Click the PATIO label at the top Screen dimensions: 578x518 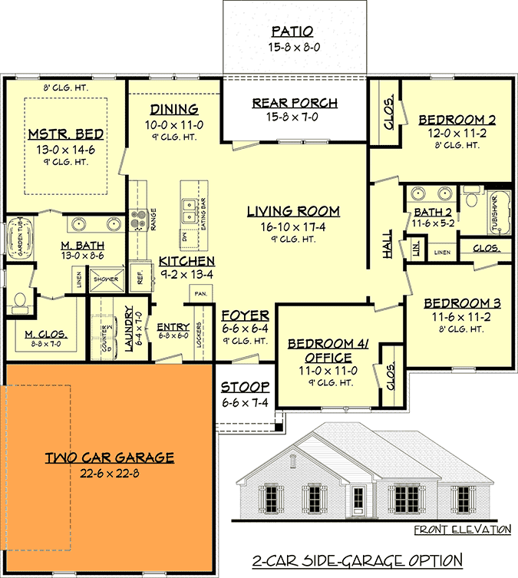click(x=293, y=31)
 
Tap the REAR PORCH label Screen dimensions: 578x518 click(x=295, y=104)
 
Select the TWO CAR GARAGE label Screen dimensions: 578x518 click(x=108, y=457)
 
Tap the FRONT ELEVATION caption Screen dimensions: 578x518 click(x=462, y=530)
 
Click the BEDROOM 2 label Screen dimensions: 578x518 click(x=456, y=120)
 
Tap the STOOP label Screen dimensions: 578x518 click(x=245, y=388)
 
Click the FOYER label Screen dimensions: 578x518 click(x=245, y=315)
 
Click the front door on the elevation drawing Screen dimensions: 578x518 click(x=358, y=500)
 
